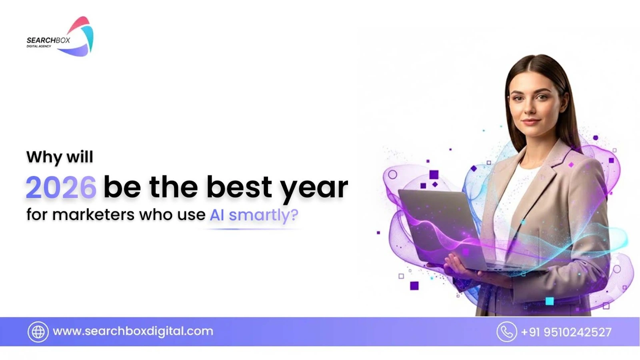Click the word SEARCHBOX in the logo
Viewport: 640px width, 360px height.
[48, 40]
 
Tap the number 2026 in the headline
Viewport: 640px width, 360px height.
[61, 188]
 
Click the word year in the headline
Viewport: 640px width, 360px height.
[314, 190]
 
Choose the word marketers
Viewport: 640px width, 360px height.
[93, 214]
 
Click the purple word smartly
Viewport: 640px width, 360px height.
[263, 216]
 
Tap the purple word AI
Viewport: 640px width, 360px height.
[217, 215]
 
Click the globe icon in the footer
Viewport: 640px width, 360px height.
[38, 332]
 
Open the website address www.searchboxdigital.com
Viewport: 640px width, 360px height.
[133, 332]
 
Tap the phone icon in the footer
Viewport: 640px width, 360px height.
[506, 332]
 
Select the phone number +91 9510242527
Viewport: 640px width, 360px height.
[566, 332]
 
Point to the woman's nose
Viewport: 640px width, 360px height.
[531, 107]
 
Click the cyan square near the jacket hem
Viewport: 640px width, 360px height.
[550, 301]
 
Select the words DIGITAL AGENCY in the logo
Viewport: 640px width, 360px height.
[39, 46]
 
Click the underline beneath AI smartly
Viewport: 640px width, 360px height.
[252, 229]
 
